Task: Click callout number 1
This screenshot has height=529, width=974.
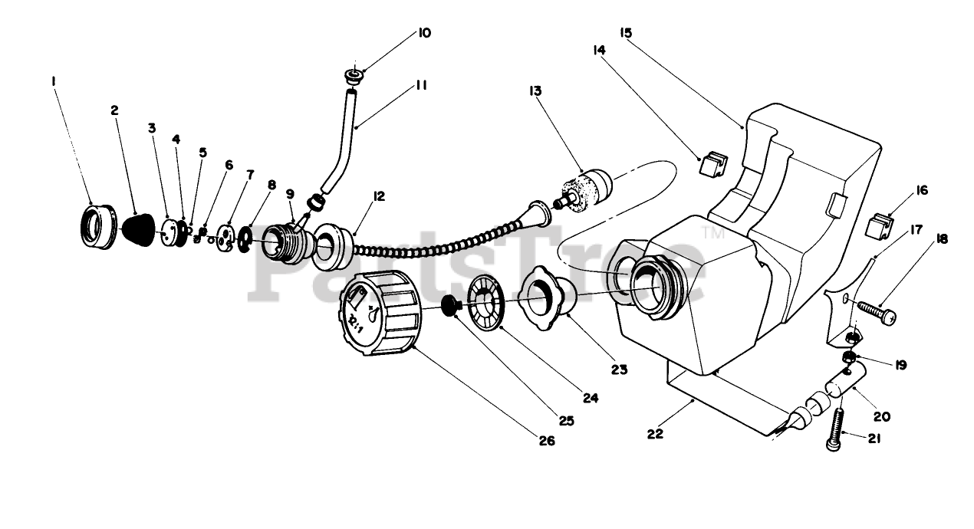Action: tap(54, 80)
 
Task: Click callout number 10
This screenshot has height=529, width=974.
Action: tap(424, 33)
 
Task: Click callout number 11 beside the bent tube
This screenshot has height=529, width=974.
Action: tap(421, 85)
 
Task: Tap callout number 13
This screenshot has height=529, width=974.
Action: tap(535, 90)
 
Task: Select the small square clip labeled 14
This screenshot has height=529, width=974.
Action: tap(712, 163)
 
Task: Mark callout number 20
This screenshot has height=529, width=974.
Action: tap(881, 417)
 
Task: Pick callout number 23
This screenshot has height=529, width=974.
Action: tap(619, 370)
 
